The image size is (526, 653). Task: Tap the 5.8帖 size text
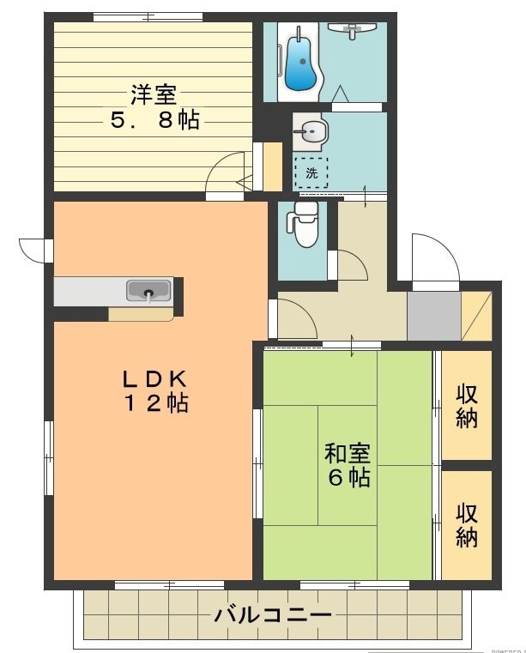[154, 120]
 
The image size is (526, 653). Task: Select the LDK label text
[154, 378]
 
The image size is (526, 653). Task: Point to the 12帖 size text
[154, 403]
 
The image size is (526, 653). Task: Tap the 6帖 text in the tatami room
[348, 478]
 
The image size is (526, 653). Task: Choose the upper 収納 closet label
[467, 407]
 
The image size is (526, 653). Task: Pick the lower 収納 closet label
[467, 525]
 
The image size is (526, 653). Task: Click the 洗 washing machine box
[311, 172]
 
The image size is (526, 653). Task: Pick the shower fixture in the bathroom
[354, 30]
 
